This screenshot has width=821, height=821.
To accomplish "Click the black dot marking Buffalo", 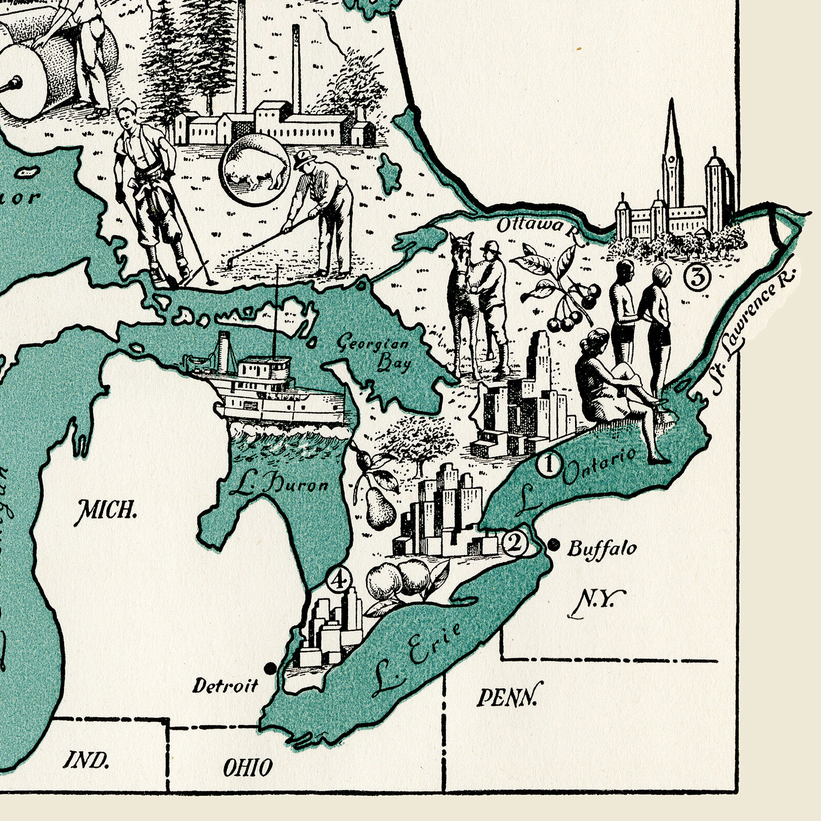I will coord(553,545).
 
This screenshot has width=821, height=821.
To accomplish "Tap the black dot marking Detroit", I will coord(269,668).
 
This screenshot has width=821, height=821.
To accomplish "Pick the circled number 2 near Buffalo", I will coord(515,544).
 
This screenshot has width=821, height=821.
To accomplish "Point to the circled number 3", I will coord(697,279).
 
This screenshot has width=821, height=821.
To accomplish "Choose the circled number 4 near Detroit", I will coord(339,580).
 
